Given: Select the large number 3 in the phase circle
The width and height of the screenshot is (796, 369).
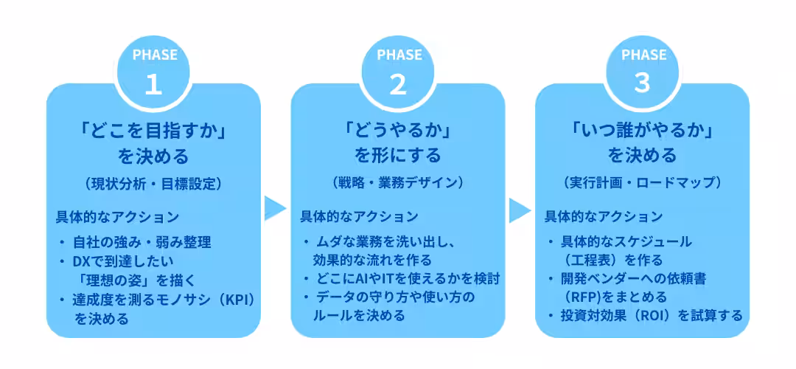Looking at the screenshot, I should coord(642,83).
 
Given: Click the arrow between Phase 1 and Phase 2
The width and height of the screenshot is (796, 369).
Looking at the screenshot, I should coord(276,209).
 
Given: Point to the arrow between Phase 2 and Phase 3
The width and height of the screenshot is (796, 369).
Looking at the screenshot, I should coord(520,209).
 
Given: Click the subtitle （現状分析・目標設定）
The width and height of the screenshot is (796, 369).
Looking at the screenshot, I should coord(153,183).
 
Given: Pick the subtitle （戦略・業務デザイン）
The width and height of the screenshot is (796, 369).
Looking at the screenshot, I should coord(398,182).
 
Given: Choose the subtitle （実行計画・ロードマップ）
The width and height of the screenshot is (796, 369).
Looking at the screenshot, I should coord(642,182).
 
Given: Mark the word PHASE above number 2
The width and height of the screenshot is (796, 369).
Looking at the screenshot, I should coord(398,55).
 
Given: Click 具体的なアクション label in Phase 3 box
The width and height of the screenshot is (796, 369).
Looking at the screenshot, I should coord(604,217).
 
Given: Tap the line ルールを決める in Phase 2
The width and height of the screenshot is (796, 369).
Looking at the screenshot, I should coord(359,315).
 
